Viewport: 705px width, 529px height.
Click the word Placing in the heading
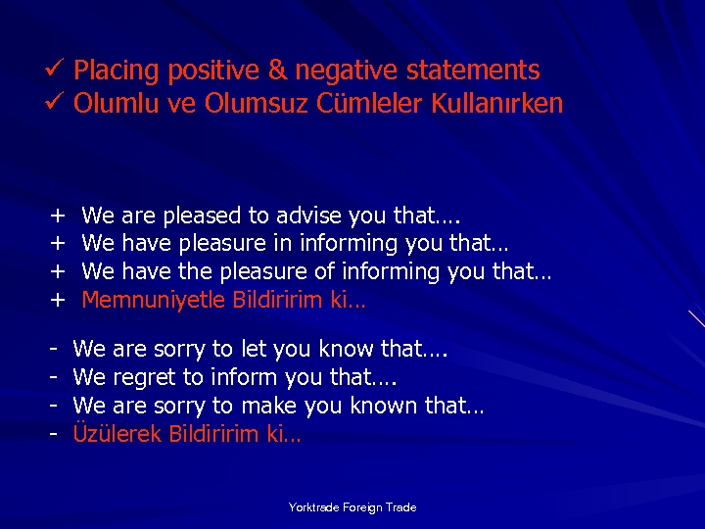click(x=116, y=71)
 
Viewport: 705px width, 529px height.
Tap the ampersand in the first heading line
click(x=277, y=71)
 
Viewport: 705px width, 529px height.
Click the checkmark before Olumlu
click(x=55, y=103)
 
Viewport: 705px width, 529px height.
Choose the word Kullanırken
click(x=496, y=103)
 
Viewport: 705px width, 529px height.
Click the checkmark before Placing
click(x=55, y=71)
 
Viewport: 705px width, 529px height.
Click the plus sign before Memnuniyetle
click(x=58, y=300)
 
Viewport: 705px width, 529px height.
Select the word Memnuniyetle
click(x=154, y=300)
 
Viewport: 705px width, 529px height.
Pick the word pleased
click(x=204, y=215)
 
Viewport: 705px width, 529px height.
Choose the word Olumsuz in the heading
click(x=258, y=103)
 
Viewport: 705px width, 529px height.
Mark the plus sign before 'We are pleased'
click(x=58, y=215)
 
